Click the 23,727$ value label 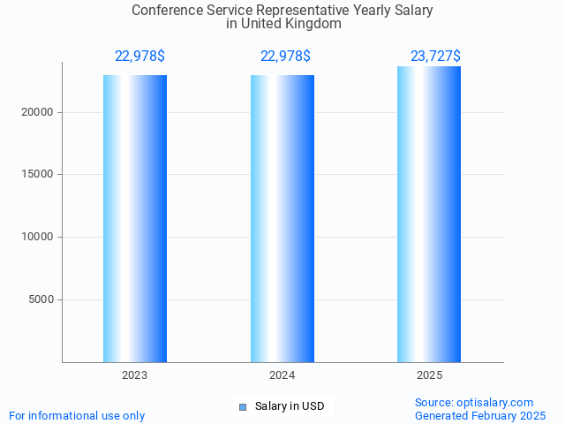click(435, 57)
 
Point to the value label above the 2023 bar click(139, 57)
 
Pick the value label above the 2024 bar click(285, 57)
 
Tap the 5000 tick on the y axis click(41, 299)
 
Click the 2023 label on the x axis click(135, 375)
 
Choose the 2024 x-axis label click(282, 375)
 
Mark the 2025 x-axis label click(429, 375)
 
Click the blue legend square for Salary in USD click(243, 407)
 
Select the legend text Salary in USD click(290, 406)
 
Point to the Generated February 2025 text click(480, 415)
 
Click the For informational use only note click(77, 415)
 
